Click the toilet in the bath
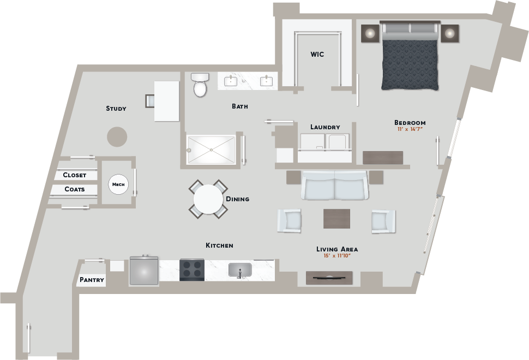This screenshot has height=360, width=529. tap(200, 85)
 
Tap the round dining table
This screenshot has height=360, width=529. tap(208, 199)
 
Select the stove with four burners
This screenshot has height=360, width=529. tap(192, 269)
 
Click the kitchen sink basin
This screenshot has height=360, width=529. tap(240, 270)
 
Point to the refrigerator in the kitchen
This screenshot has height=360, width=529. tap(144, 270)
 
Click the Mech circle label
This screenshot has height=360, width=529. tap(118, 184)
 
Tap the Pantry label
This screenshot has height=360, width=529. tap(92, 280)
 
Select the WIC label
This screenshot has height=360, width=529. tap(317, 55)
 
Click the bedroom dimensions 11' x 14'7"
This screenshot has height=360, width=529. tap(410, 129)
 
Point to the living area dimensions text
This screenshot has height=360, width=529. tap(337, 256)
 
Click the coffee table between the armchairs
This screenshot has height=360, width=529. tap(336, 219)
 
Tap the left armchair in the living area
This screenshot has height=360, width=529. tap(290, 221)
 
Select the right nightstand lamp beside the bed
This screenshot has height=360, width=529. tap(449, 33)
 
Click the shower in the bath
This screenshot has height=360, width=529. tap(211, 150)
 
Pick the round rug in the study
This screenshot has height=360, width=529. tap(117, 137)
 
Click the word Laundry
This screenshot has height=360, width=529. tap(325, 127)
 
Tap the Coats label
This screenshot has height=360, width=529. tap(75, 189)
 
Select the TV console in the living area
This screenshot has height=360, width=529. tap(329, 278)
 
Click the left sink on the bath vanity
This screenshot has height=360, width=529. tap(231, 81)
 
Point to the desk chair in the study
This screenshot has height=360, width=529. tap(150, 101)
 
